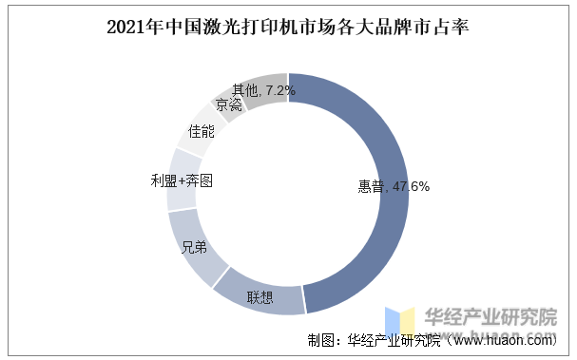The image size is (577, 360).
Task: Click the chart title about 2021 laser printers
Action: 288,27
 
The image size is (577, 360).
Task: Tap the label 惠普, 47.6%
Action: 387,187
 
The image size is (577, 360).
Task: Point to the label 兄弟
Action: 194,248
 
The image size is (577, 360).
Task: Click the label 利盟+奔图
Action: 182,180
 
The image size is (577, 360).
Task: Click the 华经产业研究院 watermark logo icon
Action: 399,321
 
